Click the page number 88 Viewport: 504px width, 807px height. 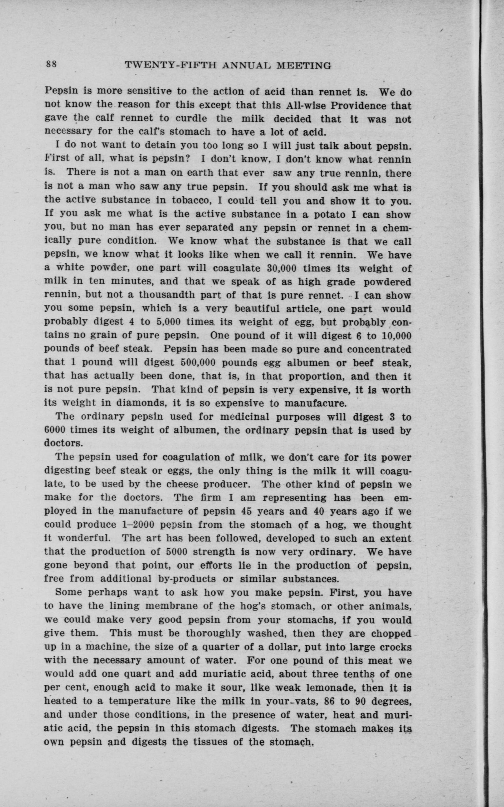point(52,64)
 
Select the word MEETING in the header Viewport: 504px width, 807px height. point(304,66)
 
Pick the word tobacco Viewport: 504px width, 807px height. point(190,201)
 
